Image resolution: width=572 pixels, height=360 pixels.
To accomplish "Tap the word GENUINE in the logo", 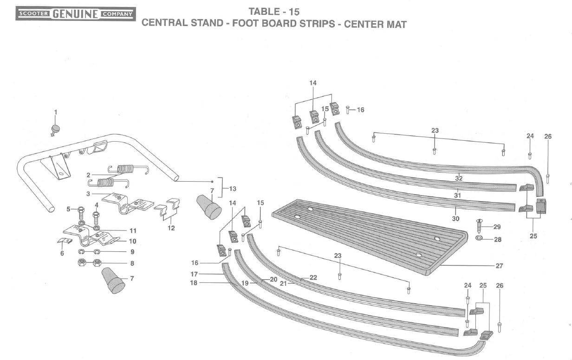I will pyautogui.click(x=77, y=14).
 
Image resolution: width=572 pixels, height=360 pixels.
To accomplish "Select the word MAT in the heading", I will pyautogui.click(x=396, y=24).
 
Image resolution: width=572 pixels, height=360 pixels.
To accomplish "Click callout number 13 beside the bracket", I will pyautogui.click(x=232, y=189).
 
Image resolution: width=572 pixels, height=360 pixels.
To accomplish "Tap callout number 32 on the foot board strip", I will pyautogui.click(x=459, y=178).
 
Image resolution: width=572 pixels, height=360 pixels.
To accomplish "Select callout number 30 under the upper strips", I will pyautogui.click(x=455, y=218).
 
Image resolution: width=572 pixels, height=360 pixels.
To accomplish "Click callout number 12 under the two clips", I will pyautogui.click(x=171, y=228).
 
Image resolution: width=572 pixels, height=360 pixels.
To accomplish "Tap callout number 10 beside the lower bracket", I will pyautogui.click(x=132, y=241).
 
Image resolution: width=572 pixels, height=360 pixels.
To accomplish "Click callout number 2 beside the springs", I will pyautogui.click(x=88, y=175).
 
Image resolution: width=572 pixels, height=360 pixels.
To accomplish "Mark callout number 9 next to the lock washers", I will pyautogui.click(x=132, y=252).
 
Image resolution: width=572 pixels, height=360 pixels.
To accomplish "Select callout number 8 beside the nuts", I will pyautogui.click(x=132, y=263).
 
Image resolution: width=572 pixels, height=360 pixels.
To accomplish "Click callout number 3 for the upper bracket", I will pyautogui.click(x=88, y=193).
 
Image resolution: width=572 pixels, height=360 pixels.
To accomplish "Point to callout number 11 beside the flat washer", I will pyautogui.click(x=133, y=230).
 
